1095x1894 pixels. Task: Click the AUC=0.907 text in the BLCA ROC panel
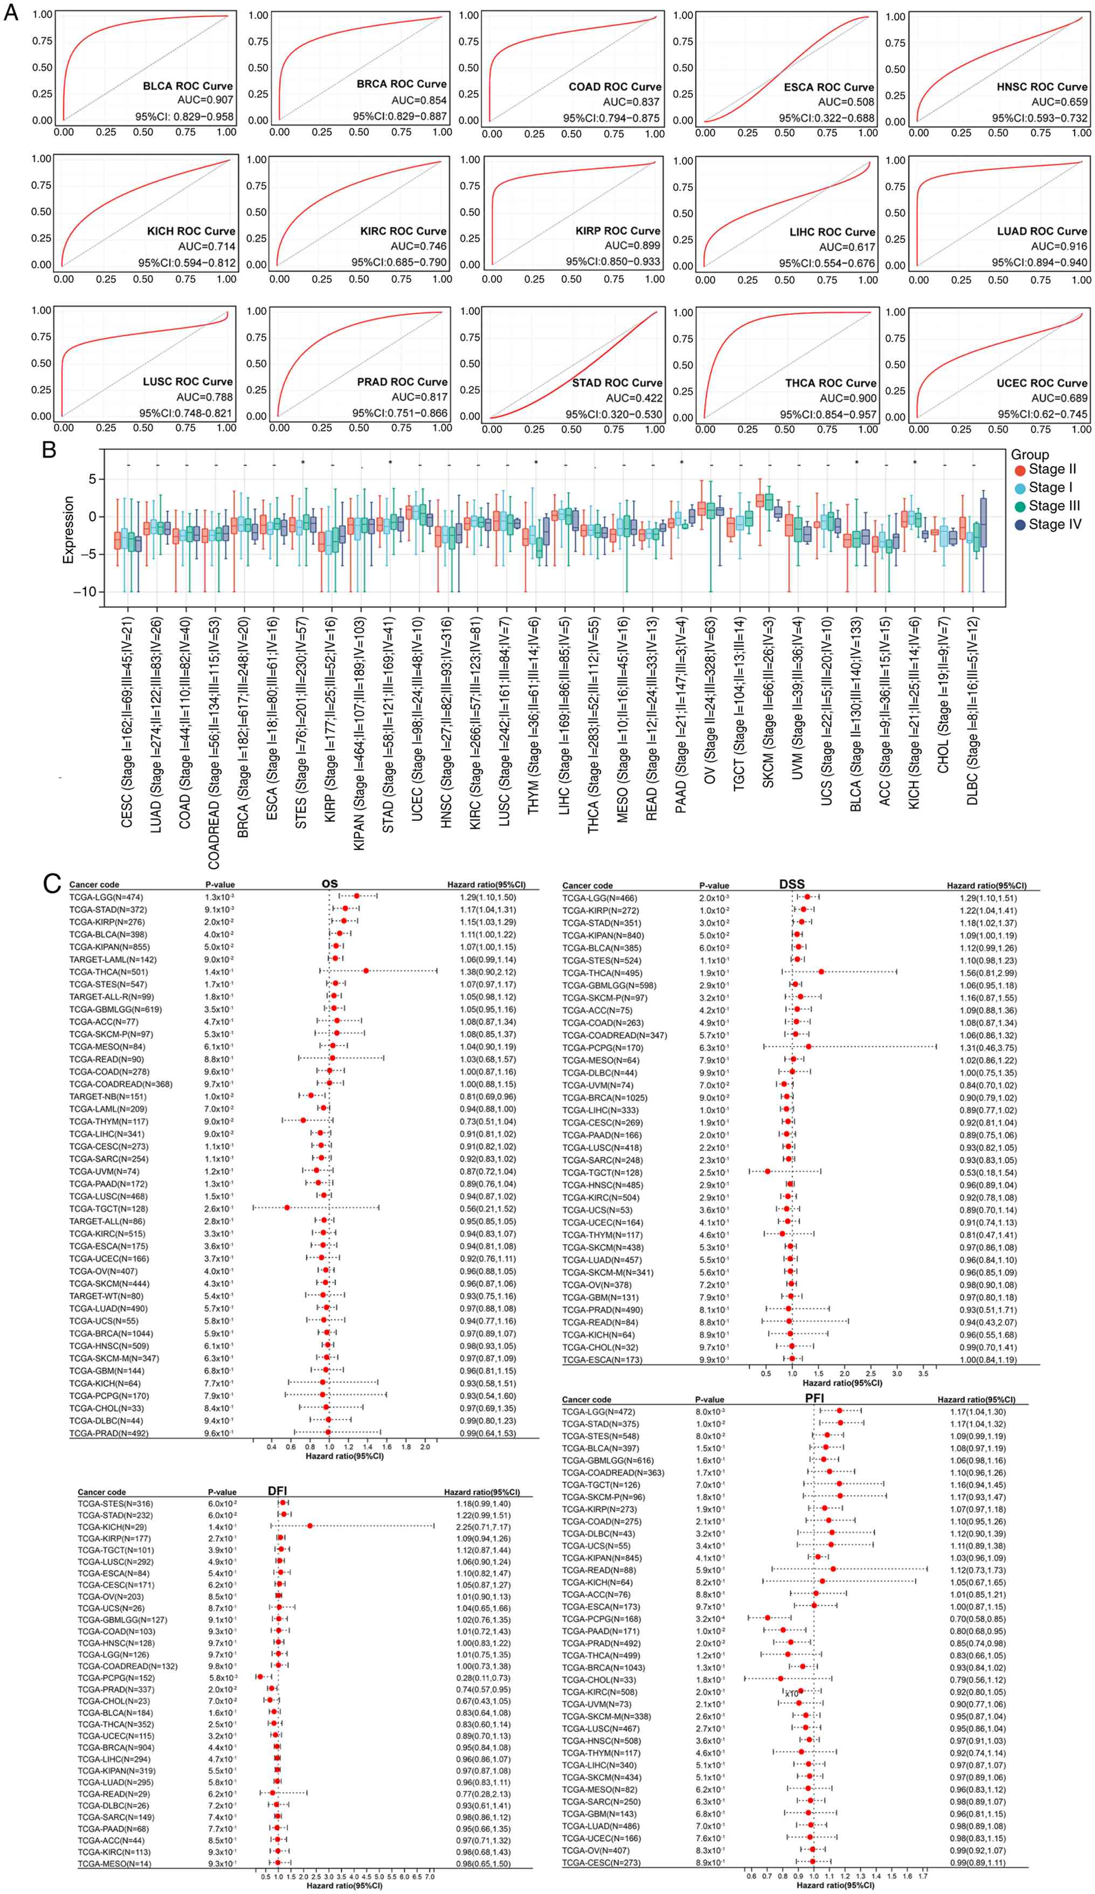tap(204, 100)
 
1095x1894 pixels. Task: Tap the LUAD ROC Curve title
tap(1042, 231)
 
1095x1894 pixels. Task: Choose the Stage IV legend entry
tap(1046, 524)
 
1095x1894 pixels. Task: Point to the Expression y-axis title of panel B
tap(68, 529)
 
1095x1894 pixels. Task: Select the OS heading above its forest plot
tap(329, 884)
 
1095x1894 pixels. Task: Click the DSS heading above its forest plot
tap(792, 884)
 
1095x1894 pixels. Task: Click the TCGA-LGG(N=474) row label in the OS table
tap(106, 897)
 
